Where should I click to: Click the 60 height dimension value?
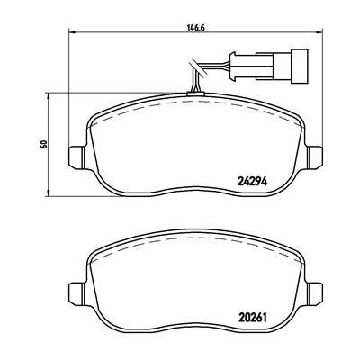pos(44,144)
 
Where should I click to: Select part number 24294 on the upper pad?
pos(252,181)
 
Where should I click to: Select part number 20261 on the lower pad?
pos(253,317)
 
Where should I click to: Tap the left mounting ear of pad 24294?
pos(77,157)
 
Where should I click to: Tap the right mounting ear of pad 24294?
pos(315,157)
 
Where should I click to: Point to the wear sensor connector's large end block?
pos(299,67)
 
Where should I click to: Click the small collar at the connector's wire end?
pos(234,67)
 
